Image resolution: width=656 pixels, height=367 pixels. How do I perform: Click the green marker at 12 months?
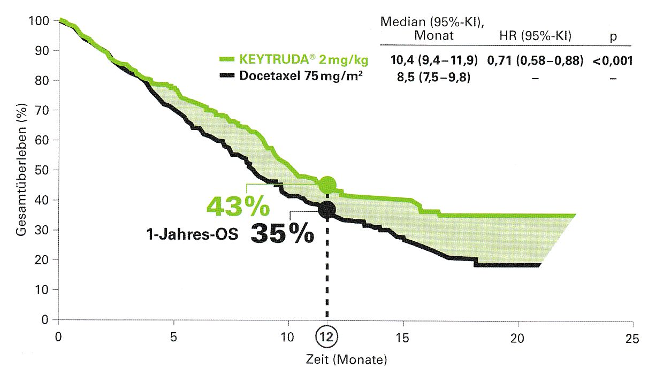327,185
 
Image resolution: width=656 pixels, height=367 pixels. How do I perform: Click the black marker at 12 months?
327,209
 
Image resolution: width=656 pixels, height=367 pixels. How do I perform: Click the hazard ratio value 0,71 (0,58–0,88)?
535,60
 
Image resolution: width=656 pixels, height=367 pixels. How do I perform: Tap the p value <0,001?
613,60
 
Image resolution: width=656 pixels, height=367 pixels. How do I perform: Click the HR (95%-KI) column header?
535,36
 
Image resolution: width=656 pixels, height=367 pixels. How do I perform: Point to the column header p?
613,37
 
